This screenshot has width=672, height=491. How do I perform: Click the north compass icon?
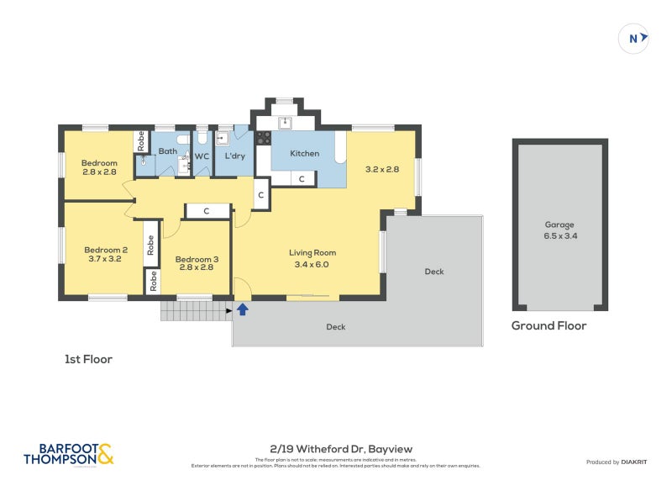[x=634, y=38]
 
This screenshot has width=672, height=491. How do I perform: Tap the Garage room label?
[x=559, y=224]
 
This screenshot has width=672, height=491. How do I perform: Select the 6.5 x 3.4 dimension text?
[x=559, y=236]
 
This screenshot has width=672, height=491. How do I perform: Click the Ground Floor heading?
[x=549, y=326]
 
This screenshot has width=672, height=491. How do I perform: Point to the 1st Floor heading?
[x=88, y=359]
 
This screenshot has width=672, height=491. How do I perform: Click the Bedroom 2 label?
[x=105, y=249]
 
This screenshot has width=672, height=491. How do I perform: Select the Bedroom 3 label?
[x=197, y=259]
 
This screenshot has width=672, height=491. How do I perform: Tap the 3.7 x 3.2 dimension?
[x=105, y=260]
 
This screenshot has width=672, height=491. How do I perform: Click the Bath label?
[x=168, y=152]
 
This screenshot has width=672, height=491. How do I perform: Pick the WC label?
[x=202, y=156]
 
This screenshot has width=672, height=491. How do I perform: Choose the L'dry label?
[x=234, y=156]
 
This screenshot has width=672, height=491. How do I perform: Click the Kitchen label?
[x=304, y=154]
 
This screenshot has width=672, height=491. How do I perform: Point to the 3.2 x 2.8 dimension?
[x=381, y=169]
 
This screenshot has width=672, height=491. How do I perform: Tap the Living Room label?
[x=312, y=252]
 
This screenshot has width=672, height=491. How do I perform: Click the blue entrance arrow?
[x=243, y=309]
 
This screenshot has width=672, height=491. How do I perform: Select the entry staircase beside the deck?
[x=197, y=311]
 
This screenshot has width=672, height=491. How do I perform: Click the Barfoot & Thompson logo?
[x=68, y=454]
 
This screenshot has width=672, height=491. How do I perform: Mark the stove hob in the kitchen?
[x=263, y=138]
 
